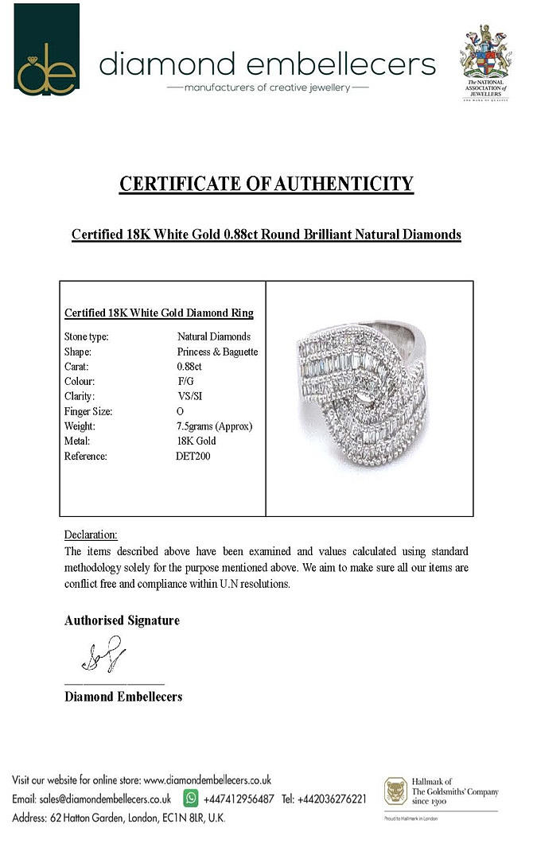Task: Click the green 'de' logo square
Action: pos(47,49)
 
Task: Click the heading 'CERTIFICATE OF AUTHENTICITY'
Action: pos(266,185)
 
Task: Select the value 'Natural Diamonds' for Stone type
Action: pos(214,336)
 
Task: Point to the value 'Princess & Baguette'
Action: pos(217,352)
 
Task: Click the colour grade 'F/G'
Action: pos(186,382)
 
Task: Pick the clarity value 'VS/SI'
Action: pos(190,396)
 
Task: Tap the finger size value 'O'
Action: pos(180,411)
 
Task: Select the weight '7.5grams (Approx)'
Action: pos(214,426)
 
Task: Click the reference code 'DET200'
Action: pos(193,457)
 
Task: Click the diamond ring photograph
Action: pos(368,398)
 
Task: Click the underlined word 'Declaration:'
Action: pos(91,534)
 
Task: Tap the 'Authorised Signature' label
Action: pos(122,620)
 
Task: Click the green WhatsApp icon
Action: pos(191,798)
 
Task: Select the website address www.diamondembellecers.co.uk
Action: pos(208,780)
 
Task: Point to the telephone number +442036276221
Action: pos(332,799)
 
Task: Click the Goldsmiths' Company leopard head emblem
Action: pos(395,791)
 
